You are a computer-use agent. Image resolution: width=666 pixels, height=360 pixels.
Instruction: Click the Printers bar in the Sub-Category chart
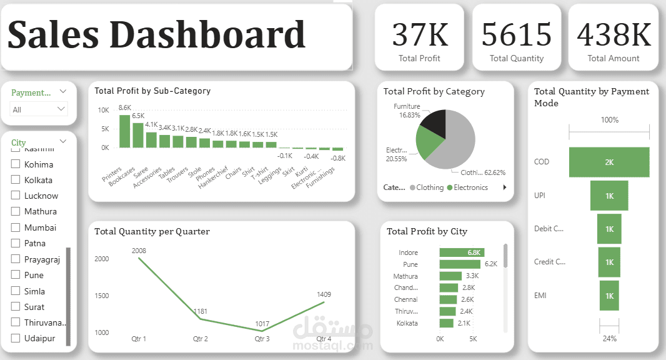pyautogui.click(x=125, y=131)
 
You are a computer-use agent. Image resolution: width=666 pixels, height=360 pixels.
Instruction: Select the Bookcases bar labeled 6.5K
pyautogui.click(x=138, y=135)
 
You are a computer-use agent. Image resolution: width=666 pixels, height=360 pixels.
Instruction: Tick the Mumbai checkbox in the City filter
pyautogui.click(x=16, y=227)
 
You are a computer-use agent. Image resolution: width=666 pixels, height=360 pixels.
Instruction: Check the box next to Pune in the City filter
pyautogui.click(x=16, y=275)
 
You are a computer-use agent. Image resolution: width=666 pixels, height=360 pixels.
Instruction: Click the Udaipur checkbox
pyautogui.click(x=16, y=338)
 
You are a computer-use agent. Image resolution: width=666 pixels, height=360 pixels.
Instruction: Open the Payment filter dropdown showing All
pyautogui.click(x=39, y=109)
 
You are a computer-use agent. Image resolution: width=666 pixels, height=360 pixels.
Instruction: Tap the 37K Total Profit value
pyautogui.click(x=419, y=34)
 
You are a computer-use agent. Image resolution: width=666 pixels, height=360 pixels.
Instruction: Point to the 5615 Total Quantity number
pyautogui.click(x=517, y=34)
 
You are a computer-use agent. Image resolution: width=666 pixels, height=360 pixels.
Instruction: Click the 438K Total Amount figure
pyautogui.click(x=614, y=34)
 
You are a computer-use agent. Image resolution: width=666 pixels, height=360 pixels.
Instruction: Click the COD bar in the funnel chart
pyautogui.click(x=609, y=162)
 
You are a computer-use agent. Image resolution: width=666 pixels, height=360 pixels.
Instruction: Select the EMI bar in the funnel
pyautogui.click(x=609, y=296)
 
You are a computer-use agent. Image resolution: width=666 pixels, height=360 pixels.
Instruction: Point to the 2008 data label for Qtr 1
pyautogui.click(x=139, y=251)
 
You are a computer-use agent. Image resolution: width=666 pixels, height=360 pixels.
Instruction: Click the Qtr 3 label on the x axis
pyautogui.click(x=262, y=339)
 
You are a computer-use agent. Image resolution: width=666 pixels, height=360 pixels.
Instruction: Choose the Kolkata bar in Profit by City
pyautogui.click(x=446, y=323)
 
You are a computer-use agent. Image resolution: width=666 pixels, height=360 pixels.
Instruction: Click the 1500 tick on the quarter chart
pyautogui.click(x=102, y=296)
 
